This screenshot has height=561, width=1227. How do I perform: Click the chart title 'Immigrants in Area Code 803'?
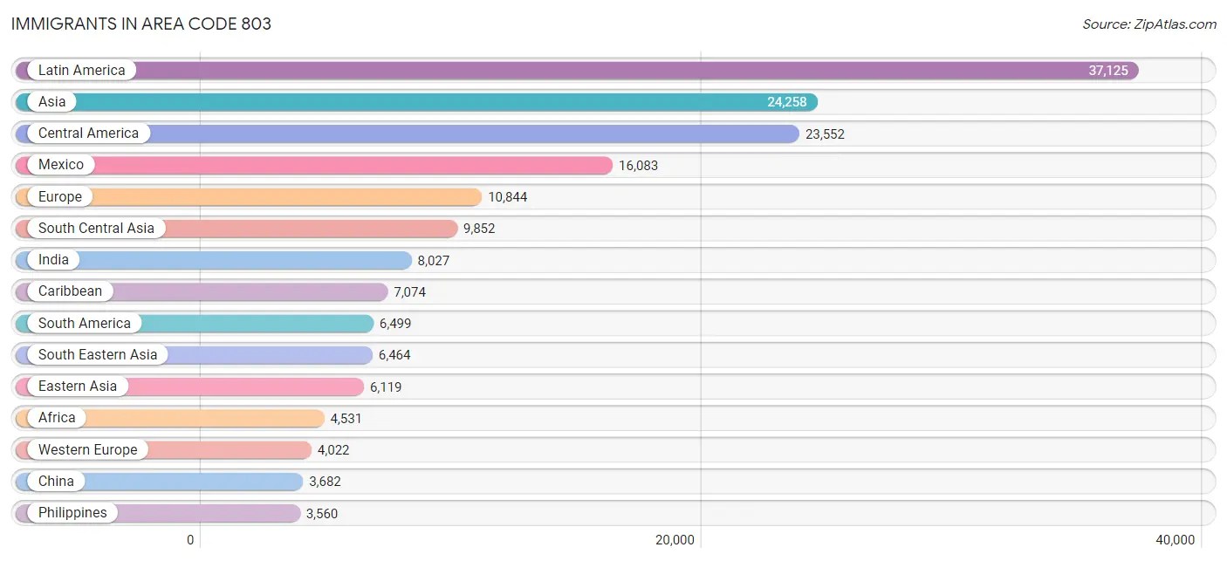pyautogui.click(x=141, y=24)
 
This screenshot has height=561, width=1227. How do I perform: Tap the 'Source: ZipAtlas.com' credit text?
pyautogui.click(x=1148, y=24)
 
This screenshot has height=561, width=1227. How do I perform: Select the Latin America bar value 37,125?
pyautogui.click(x=1107, y=71)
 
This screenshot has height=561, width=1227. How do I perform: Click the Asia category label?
pyautogui.click(x=51, y=102)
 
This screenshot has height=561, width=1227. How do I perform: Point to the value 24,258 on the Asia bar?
pyautogui.click(x=786, y=102)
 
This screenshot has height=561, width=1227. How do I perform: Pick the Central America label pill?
pyautogui.click(x=88, y=133)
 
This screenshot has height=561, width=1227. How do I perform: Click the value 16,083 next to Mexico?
pyautogui.click(x=638, y=165)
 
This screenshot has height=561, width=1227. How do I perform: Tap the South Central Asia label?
pyautogui.click(x=96, y=229)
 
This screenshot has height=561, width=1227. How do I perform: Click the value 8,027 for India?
pyautogui.click(x=433, y=260)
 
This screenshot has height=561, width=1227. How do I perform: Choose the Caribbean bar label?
pyautogui.click(x=70, y=291)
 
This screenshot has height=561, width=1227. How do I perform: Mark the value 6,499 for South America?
pyautogui.click(x=394, y=324)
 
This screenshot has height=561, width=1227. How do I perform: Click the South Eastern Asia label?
pyautogui.click(x=98, y=355)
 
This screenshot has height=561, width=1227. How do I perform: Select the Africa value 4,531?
pyautogui.click(x=346, y=419)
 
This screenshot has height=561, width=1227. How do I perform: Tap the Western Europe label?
pyautogui.click(x=87, y=450)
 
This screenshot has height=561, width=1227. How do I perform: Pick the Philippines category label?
pyautogui.click(x=72, y=513)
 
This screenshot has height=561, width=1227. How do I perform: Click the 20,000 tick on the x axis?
pyautogui.click(x=675, y=540)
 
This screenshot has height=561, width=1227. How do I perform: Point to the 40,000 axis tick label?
pyautogui.click(x=1176, y=540)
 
